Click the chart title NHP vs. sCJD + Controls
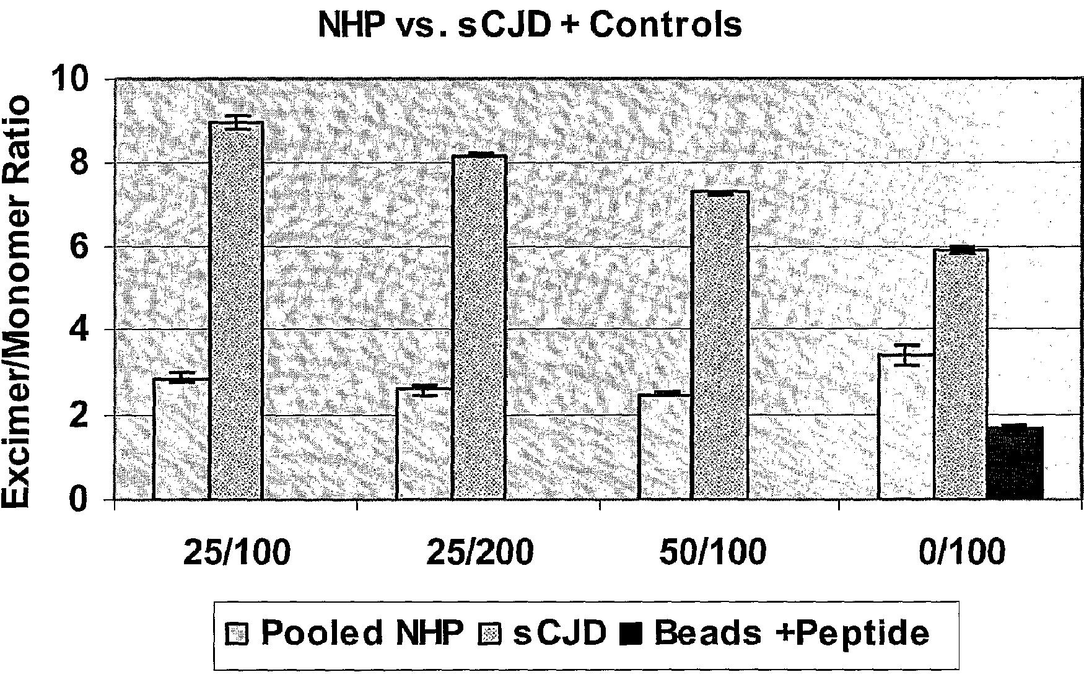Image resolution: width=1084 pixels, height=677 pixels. click(530, 25)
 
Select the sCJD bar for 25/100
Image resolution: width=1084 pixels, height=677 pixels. click(237, 310)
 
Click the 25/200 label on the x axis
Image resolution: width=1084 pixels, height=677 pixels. click(479, 552)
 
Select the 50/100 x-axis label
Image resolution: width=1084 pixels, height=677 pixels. click(712, 552)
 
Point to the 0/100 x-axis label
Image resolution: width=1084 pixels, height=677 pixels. click(961, 552)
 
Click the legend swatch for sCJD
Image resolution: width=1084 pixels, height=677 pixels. click(491, 634)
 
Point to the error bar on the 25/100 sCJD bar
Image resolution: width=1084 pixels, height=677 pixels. click(237, 122)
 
